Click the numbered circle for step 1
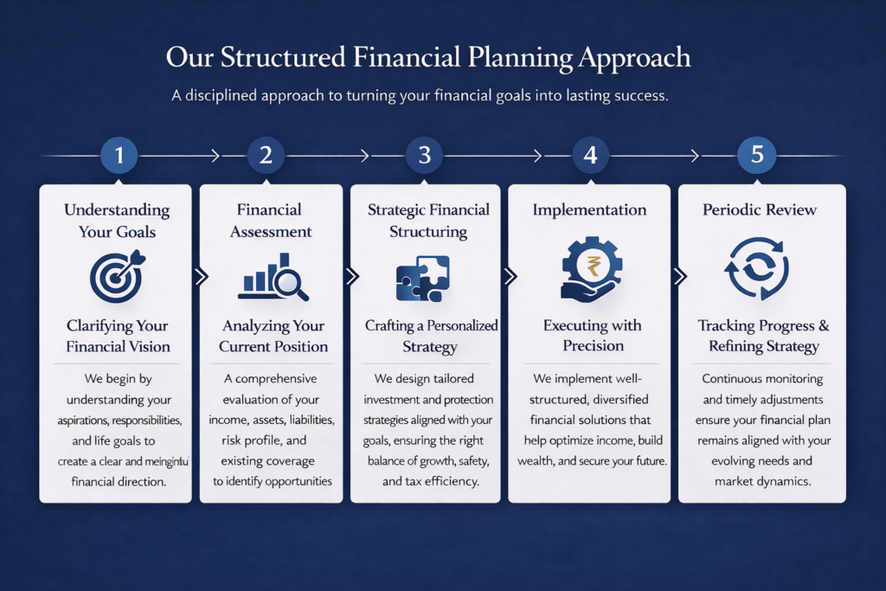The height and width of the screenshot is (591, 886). [x=119, y=155]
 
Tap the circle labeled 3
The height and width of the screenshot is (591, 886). [x=424, y=155]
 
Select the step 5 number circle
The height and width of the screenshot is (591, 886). [x=756, y=154]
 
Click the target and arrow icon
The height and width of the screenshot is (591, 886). [x=118, y=277]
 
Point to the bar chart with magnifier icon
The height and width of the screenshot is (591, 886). [x=273, y=277]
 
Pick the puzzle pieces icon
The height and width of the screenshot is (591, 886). [x=422, y=278]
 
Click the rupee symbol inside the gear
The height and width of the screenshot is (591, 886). [x=593, y=266]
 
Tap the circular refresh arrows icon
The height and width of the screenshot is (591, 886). [x=756, y=268]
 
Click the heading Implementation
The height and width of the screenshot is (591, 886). [x=589, y=209]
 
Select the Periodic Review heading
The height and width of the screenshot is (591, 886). [x=760, y=209]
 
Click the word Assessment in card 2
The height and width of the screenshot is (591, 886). [x=271, y=231]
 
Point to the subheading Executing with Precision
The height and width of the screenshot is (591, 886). [x=593, y=335]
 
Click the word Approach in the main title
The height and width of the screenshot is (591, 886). [x=634, y=58]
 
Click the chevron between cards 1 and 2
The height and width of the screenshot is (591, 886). [x=201, y=276]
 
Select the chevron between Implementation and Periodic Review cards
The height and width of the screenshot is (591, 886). [x=680, y=276]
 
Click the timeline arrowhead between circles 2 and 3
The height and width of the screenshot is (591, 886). [x=365, y=156]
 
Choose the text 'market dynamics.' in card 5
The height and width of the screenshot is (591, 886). [x=763, y=481]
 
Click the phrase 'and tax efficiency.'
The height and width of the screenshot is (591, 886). [x=431, y=481]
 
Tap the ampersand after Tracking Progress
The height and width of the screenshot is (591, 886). [x=824, y=325]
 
